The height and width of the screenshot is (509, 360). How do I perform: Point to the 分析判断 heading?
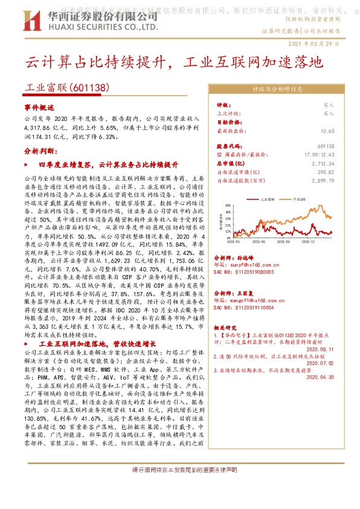[39, 151]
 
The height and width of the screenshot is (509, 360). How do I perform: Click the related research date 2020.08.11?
[320, 349]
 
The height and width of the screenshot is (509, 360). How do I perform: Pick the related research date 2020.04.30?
[320, 376]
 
